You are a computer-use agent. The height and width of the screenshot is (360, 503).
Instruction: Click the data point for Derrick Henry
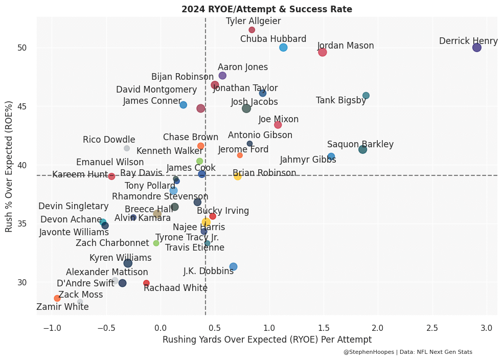pos(476,48)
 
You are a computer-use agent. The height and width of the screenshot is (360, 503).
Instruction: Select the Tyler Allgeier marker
pos(252,30)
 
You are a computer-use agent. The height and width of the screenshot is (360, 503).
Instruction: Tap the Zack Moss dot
pos(57,298)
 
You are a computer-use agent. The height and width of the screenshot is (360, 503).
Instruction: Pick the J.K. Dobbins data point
pos(233,266)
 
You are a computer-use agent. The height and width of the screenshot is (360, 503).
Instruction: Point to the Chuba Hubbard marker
pos(283,48)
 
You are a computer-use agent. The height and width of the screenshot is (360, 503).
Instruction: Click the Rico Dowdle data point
pos(127,148)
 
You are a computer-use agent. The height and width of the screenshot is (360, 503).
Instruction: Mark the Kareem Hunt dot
pos(111,176)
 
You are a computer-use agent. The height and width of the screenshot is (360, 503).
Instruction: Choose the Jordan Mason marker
pos(322,52)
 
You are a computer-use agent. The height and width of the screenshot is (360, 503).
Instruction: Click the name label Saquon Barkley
pos(360,144)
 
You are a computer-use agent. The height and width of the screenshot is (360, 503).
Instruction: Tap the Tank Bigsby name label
pos(341,100)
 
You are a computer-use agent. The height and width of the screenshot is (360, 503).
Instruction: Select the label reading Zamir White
pos(62,307)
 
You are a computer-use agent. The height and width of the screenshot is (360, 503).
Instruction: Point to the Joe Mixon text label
pos(279,119)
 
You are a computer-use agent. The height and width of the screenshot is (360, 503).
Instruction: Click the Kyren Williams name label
pos(121,258)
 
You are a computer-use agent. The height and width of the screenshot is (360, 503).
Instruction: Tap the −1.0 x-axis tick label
pos(51,328)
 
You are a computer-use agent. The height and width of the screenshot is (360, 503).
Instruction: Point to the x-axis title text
pos(267,340)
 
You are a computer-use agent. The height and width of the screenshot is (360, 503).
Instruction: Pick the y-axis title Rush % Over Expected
pos(9,166)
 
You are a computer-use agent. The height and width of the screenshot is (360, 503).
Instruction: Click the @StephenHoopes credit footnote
pos(408,352)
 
